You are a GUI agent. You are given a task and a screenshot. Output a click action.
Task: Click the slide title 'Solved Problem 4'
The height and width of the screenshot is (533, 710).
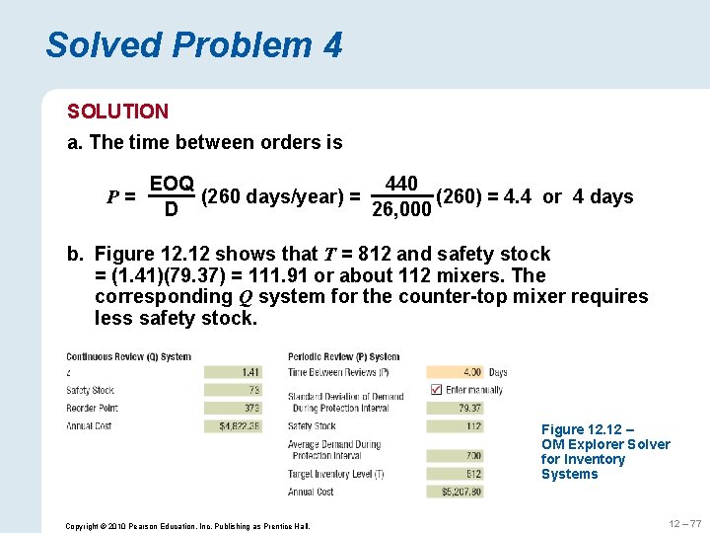coord(193,44)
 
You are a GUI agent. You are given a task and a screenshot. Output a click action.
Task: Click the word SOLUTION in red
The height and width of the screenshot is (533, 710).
coord(117,112)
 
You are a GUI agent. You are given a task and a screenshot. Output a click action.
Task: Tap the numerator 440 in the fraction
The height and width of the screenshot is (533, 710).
coord(401,185)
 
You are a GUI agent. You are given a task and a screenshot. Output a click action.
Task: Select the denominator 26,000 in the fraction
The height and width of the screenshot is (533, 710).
coord(401,209)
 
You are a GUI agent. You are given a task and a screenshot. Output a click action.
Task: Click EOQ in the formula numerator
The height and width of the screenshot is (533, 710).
coord(171,185)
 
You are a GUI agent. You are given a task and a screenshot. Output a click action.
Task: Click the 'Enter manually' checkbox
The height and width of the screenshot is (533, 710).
coord(436,390)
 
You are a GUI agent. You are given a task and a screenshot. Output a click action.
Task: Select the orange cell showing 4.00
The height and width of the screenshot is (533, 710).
coord(456,372)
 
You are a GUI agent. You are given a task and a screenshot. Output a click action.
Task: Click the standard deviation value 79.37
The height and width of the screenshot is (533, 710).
coord(456,408)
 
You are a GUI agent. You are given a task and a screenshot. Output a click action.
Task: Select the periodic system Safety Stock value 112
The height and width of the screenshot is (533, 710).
coord(456,425)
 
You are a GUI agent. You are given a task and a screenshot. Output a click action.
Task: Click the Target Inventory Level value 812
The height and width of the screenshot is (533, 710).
coord(456,473)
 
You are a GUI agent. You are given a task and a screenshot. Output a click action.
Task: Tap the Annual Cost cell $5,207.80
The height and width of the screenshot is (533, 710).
coord(456,491)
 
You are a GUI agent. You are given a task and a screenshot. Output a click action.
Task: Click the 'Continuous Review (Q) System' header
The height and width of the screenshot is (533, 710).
coord(128,356)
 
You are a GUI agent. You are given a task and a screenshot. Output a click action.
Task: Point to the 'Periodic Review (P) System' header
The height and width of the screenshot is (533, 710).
coord(343,356)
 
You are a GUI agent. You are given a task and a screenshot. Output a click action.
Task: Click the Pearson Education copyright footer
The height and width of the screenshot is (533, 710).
coord(187,525)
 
